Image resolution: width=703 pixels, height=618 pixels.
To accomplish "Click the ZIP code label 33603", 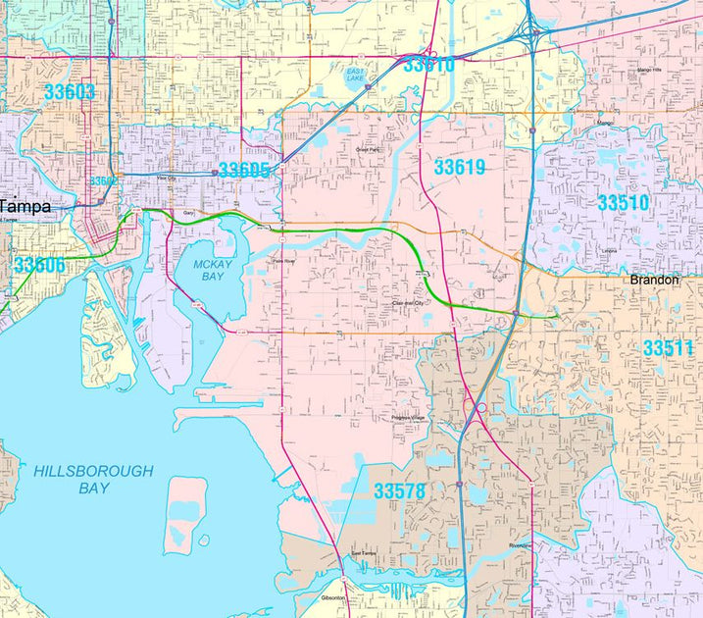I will pyautogui.click(x=69, y=92).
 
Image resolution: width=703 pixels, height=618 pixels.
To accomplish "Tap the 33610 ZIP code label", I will pyautogui.click(x=428, y=66).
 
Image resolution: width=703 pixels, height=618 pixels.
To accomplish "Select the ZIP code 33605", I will pyautogui.click(x=243, y=171).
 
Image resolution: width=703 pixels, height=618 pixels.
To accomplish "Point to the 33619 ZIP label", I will pyautogui.click(x=460, y=168).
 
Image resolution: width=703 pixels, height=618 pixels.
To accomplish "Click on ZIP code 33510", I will pyautogui.click(x=624, y=203).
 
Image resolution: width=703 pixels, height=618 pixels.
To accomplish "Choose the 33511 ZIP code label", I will pyautogui.click(x=669, y=348).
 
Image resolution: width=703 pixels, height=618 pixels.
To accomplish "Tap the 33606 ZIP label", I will pyautogui.click(x=39, y=265).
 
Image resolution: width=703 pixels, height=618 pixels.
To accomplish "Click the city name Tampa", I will pyautogui.click(x=25, y=206).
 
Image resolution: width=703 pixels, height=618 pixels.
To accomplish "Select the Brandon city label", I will pyautogui.click(x=654, y=280).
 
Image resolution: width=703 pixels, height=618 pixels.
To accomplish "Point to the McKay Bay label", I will pyautogui.click(x=210, y=271).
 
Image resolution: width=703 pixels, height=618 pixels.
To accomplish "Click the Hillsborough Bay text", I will pyautogui.click(x=93, y=480).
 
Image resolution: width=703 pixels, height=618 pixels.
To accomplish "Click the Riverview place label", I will pyautogui.click(x=520, y=545).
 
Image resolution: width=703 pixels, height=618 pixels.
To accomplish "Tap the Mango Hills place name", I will pyautogui.click(x=651, y=71).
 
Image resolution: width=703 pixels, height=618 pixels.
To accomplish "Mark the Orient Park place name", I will pyautogui.click(x=367, y=149).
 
